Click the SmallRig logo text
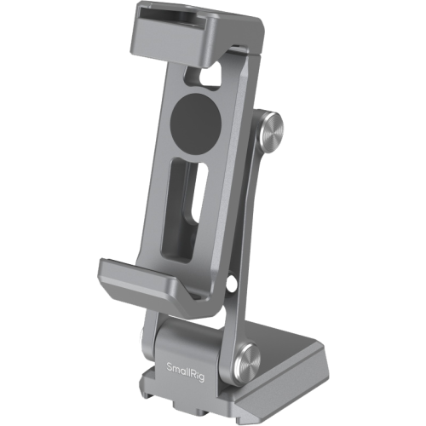[x=185, y=369]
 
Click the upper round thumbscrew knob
[x=271, y=129]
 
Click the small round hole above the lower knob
[x=232, y=281]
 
